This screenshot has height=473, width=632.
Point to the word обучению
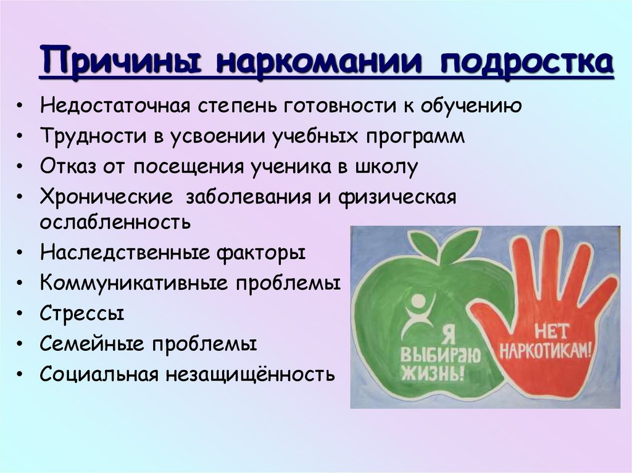[x=471, y=106]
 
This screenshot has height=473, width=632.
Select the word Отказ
[x=68, y=167]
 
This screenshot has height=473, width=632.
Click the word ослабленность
[x=115, y=221]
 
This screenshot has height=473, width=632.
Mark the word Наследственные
[x=125, y=253]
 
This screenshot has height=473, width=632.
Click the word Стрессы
[x=82, y=314]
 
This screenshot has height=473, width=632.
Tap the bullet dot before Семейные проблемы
[x=19, y=344]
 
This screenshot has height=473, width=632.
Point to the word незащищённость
[x=250, y=374]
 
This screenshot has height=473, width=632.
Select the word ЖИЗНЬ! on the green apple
[x=433, y=373]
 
